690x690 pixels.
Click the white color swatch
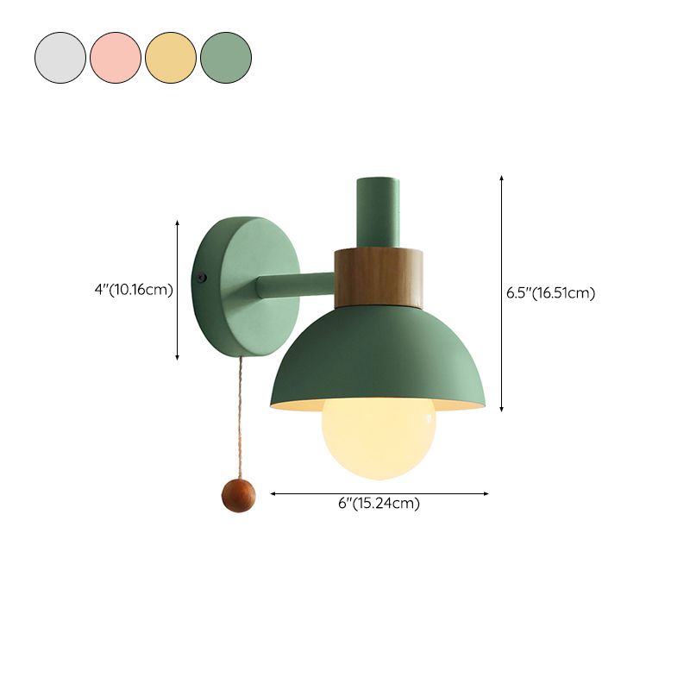coord(60,58)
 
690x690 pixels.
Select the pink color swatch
coord(116,58)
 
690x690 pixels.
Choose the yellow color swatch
coord(171,58)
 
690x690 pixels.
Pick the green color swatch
coord(226,58)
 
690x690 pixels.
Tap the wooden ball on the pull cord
coord(237,496)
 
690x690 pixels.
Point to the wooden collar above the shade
coord(379,278)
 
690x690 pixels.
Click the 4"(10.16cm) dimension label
coord(134,290)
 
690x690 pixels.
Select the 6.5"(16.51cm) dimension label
coord(551,292)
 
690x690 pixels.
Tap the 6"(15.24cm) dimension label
coord(379,504)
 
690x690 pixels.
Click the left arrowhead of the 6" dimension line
coord(274,493)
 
